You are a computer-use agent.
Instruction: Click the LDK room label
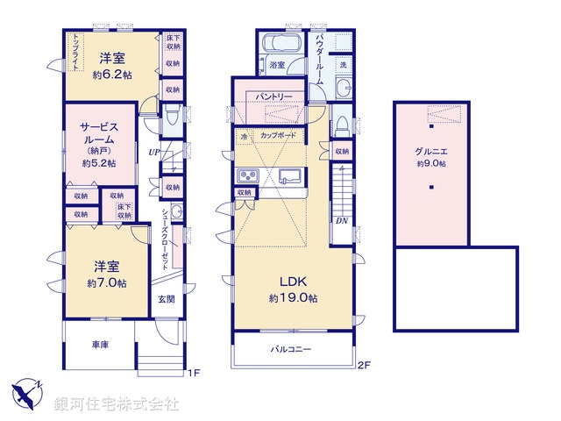292,282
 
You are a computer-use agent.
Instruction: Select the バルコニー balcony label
291,349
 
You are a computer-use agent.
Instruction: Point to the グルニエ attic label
430,150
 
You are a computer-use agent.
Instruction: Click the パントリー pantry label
274,96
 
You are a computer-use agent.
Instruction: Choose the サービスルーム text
99,132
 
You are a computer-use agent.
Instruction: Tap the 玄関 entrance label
166,299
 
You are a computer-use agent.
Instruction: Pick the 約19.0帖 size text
293,298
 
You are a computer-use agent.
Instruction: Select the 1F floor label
194,373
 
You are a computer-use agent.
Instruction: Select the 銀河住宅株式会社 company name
116,404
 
